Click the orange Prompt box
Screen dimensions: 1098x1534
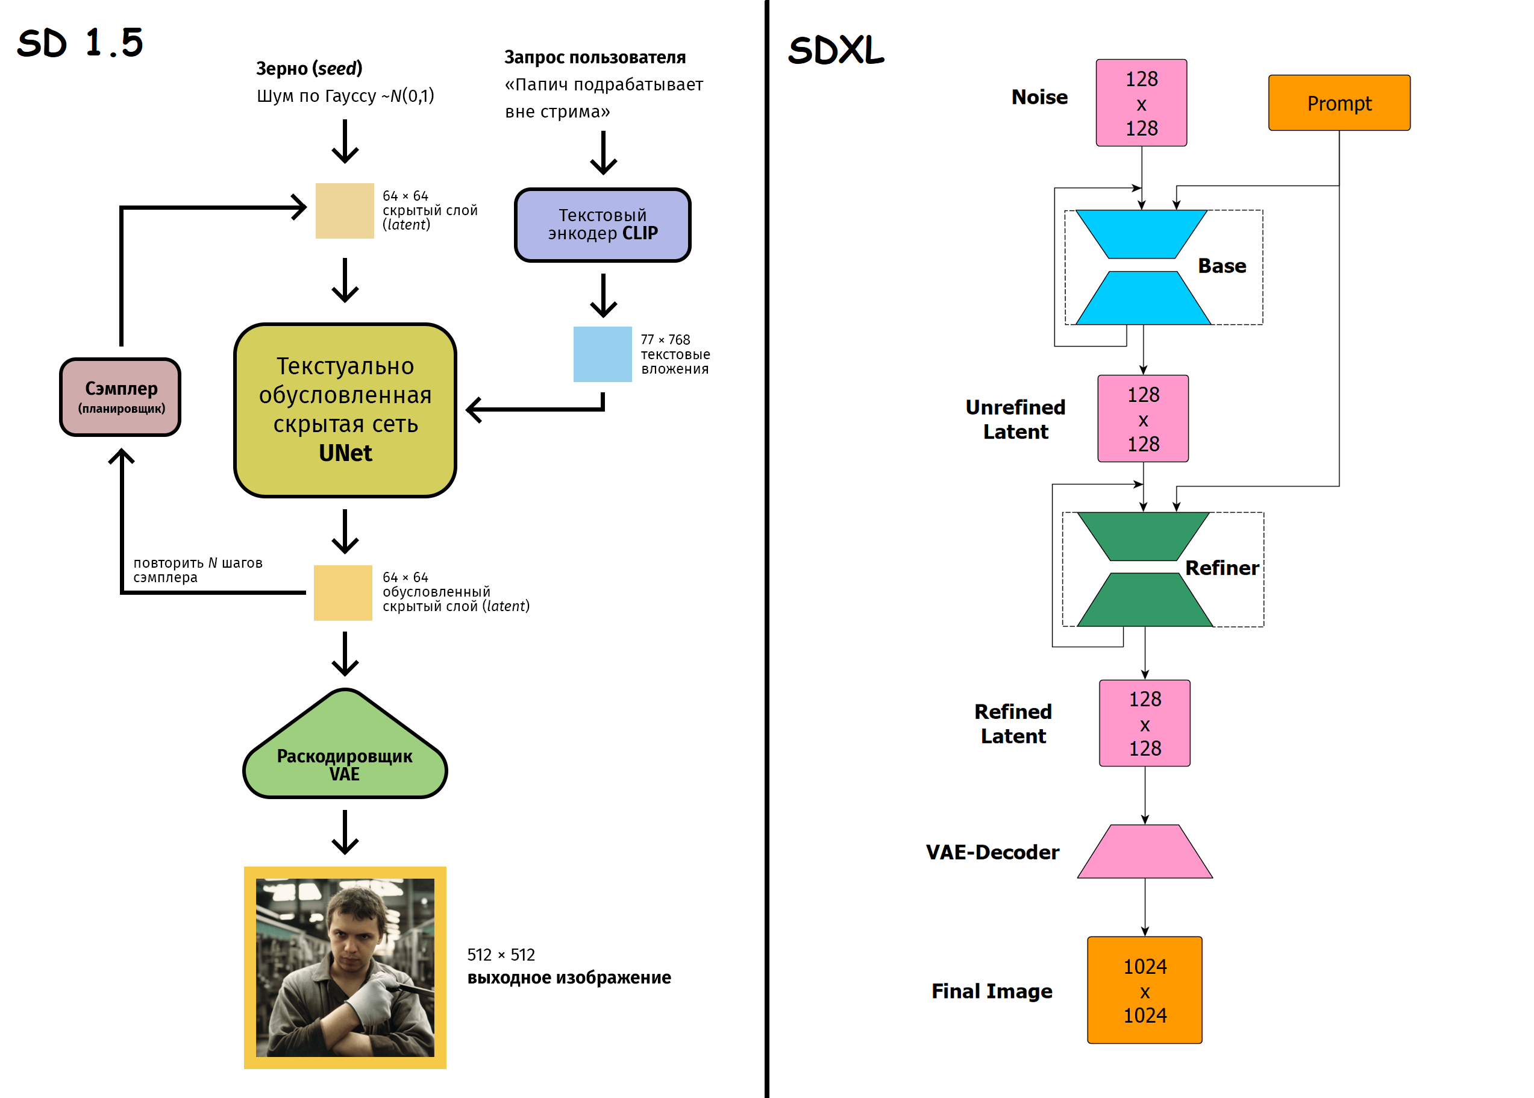[1338, 103]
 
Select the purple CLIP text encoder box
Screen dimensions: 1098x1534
[602, 224]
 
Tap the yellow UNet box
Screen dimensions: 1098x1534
[345, 410]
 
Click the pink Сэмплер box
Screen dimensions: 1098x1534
[121, 397]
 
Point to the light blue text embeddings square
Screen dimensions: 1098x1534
[602, 354]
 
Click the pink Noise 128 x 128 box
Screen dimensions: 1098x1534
[1141, 103]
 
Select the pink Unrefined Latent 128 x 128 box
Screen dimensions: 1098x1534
[1143, 418]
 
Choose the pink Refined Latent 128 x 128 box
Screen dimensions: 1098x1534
[1144, 723]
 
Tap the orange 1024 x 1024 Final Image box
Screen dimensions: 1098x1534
[1144, 990]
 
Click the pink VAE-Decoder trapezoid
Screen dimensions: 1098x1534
[1144, 852]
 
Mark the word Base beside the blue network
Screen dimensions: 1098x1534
[1221, 266]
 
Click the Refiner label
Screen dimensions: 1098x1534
[1221, 568]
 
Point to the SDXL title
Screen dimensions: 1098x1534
[835, 50]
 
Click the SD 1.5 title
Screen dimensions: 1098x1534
[80, 43]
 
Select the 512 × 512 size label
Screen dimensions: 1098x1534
[501, 955]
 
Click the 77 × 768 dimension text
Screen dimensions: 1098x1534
[665, 339]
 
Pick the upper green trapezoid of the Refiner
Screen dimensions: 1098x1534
[1143, 536]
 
